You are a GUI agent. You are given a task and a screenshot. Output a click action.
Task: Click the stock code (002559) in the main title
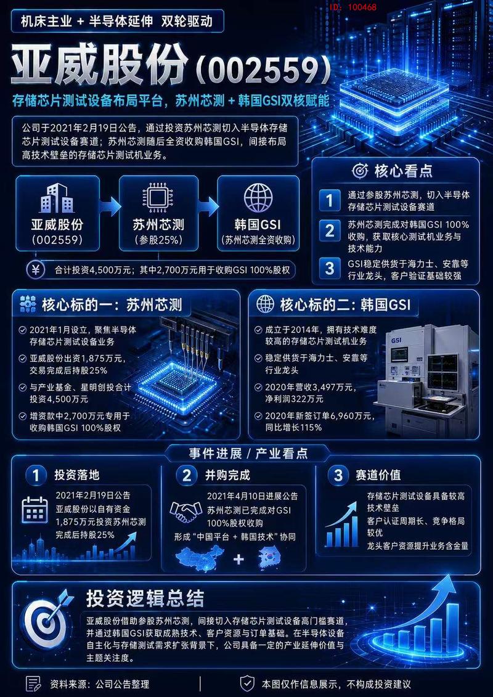[264, 68]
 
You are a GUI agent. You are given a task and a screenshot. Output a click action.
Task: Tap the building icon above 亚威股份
[57, 198]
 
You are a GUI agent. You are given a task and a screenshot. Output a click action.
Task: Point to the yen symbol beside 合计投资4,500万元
[36, 269]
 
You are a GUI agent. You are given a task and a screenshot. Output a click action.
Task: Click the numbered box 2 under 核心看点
[330, 230]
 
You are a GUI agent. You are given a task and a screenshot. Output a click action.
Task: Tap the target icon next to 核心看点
[359, 171]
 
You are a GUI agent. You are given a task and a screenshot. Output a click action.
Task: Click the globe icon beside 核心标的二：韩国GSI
[266, 305]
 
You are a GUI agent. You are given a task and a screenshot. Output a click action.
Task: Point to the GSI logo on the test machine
[396, 340]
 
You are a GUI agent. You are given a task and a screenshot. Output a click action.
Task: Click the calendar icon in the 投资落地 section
[35, 510]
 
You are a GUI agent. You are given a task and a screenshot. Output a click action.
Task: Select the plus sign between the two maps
[238, 559]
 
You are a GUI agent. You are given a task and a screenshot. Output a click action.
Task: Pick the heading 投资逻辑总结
[145, 598]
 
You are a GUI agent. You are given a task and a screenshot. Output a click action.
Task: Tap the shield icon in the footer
[246, 683]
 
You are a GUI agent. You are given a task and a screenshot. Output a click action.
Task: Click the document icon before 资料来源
[34, 683]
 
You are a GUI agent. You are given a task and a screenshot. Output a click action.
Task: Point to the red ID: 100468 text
[353, 7]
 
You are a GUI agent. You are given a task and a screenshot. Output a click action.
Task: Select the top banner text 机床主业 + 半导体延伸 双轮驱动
[117, 22]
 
